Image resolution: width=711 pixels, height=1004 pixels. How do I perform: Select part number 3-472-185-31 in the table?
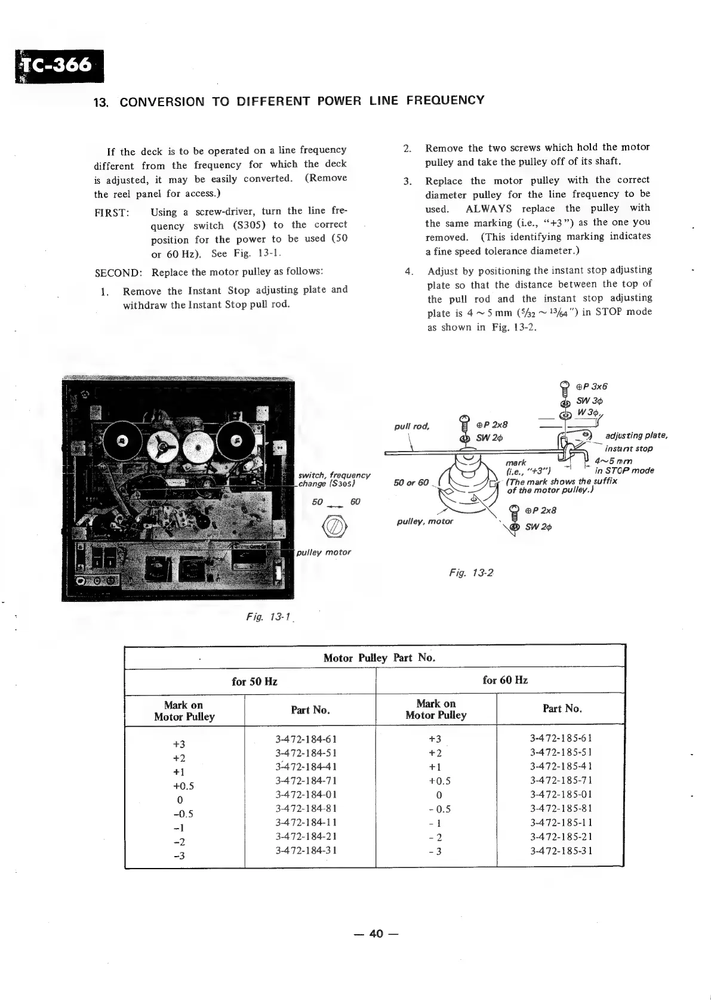coord(561,851)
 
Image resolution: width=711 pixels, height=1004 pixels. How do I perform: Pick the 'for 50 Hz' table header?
coord(254,681)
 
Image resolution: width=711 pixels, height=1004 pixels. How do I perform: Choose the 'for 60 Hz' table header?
coord(504,680)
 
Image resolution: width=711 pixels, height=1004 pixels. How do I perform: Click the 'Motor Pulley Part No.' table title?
coord(379,658)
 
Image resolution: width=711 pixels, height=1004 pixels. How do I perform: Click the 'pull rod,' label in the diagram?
coord(412,427)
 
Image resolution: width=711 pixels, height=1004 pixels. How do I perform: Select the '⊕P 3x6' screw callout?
coord(592,386)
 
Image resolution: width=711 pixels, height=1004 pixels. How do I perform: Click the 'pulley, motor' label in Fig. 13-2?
coord(424,521)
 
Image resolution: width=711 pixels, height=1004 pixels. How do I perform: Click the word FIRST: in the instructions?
coord(112,213)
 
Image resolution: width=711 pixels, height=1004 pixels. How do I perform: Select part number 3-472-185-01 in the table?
coord(561,795)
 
